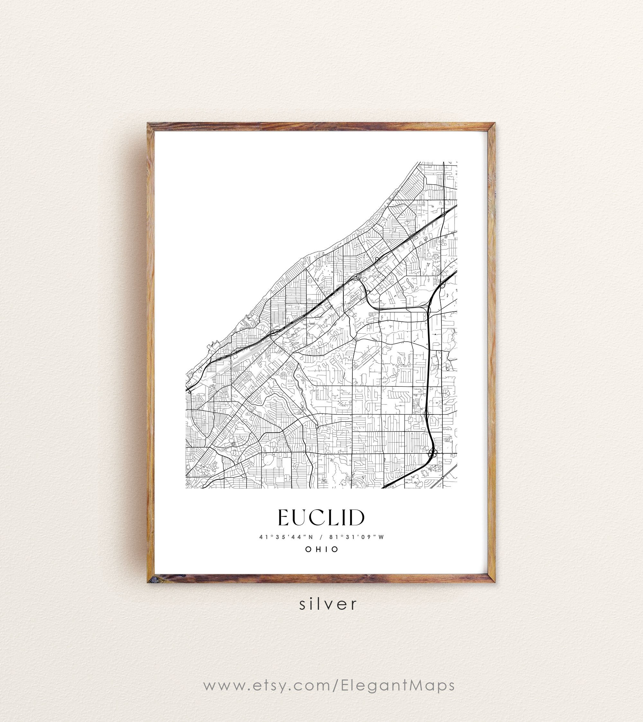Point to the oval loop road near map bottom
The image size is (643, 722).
coord(268,460)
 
